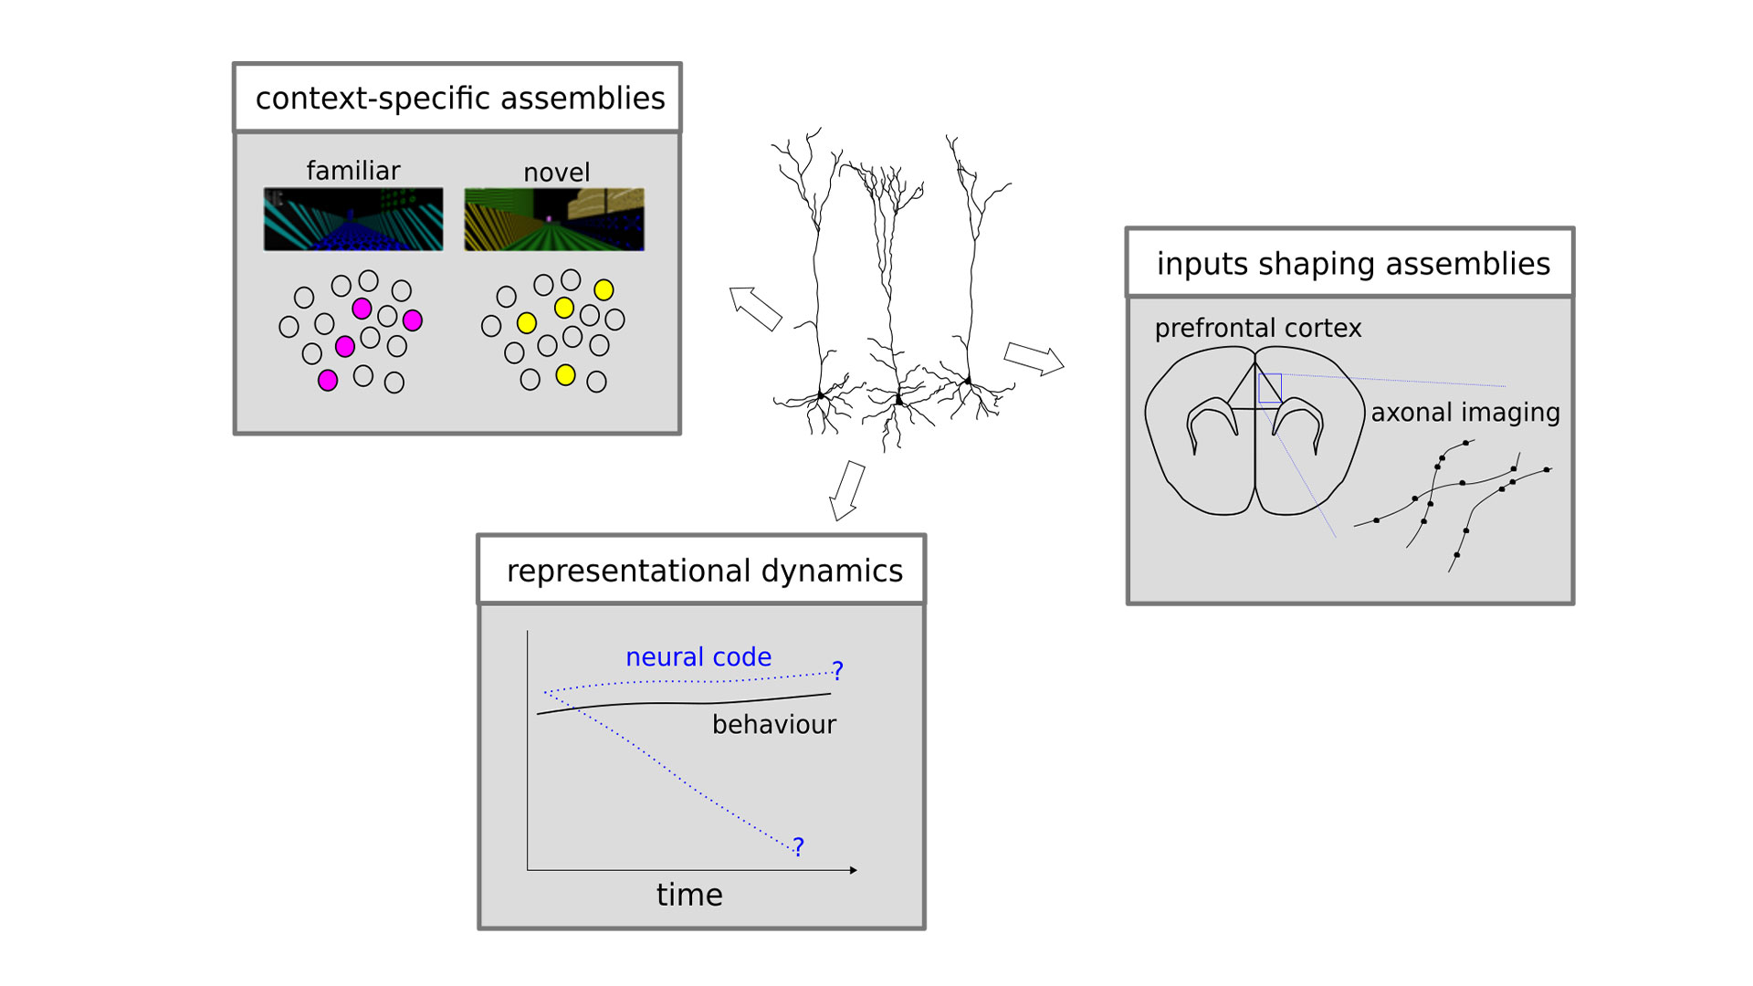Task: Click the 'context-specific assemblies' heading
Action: tap(460, 98)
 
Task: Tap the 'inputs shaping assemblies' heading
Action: tap(1353, 263)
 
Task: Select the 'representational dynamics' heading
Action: tap(704, 571)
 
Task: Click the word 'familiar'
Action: tap(353, 170)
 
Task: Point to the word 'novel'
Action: tap(556, 172)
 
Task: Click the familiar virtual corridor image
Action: tap(353, 219)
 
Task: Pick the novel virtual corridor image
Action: tap(554, 219)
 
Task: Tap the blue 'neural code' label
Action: tap(698, 656)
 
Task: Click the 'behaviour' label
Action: tap(774, 724)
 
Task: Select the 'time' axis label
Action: tap(689, 895)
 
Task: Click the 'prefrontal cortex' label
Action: tap(1257, 328)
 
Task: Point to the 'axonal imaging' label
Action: tap(1465, 413)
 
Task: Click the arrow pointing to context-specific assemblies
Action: tap(755, 308)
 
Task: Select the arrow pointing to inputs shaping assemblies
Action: tap(1034, 358)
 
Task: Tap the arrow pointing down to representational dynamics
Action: tap(846, 491)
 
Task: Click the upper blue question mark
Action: tap(837, 671)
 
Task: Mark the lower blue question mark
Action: tap(799, 847)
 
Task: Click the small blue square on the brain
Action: tap(1269, 388)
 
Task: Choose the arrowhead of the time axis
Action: tap(854, 870)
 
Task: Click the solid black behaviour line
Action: tap(684, 703)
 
